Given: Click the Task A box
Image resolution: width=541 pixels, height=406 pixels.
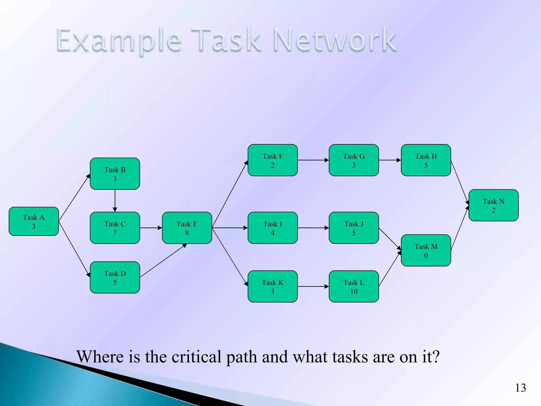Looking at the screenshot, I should (x=34, y=221).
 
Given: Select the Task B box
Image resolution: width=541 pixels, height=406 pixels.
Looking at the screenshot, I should (x=115, y=174).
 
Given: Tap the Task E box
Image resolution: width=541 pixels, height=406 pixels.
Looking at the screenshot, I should (x=187, y=228).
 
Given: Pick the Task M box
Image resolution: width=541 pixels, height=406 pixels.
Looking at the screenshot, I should (x=426, y=250).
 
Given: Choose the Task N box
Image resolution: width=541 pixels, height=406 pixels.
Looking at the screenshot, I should (x=493, y=205).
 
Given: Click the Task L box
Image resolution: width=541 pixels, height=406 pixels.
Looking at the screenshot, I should (x=354, y=287).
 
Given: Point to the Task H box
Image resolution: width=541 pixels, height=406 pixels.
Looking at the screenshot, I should (x=426, y=160).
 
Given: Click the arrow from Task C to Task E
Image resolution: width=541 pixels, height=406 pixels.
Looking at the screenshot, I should (x=151, y=228).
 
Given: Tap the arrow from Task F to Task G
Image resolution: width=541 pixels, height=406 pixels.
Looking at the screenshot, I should (x=313, y=160).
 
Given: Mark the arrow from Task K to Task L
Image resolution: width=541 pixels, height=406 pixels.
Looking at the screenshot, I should (x=313, y=287).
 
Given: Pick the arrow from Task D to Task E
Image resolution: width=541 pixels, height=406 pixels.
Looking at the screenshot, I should (x=163, y=260).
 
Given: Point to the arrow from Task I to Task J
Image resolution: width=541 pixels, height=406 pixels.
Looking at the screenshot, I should (x=313, y=228).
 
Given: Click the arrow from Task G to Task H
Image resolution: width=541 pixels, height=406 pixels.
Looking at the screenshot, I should (x=390, y=160).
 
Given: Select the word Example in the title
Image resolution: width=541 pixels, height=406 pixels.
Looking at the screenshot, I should (x=119, y=41).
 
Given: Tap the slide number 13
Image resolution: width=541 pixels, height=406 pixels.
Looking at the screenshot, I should (x=520, y=388).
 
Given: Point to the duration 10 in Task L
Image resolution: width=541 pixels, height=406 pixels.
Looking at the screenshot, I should (x=354, y=292).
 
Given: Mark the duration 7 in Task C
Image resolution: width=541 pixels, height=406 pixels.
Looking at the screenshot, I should (x=115, y=233).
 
